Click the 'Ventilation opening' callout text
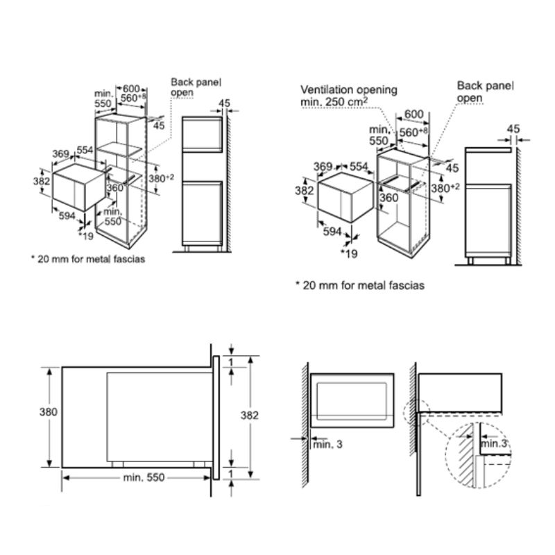point(349,89)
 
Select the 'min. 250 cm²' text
point(334,102)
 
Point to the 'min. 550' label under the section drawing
point(142,479)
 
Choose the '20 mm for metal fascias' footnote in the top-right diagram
point(359,284)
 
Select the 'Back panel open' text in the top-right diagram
point(486,92)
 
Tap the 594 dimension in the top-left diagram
point(67,216)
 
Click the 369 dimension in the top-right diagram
point(323,166)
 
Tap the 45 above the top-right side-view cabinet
point(513,128)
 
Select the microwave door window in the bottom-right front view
point(353,400)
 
